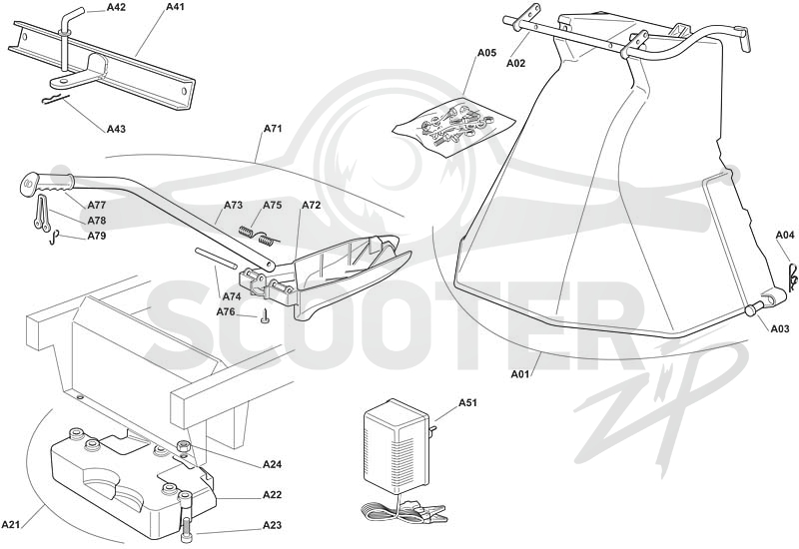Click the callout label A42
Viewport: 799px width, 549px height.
point(116,8)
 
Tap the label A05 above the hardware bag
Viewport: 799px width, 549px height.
point(486,53)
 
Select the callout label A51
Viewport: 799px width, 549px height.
point(467,403)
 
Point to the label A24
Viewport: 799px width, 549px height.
point(272,464)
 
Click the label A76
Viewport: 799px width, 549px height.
point(226,311)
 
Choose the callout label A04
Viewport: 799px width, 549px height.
point(785,235)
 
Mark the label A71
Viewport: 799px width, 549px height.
point(273,129)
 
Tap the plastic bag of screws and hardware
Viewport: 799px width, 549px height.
point(453,125)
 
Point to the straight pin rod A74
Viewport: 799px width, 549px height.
point(215,258)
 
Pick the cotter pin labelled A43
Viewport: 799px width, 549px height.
point(55,98)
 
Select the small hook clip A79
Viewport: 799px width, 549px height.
point(55,238)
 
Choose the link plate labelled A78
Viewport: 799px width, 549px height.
point(42,212)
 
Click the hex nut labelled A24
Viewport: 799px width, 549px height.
point(184,446)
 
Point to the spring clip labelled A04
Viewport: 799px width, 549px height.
point(791,277)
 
